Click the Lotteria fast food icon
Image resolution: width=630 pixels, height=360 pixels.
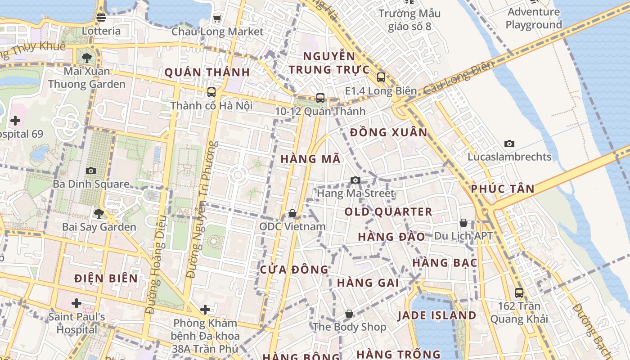tap(101, 18)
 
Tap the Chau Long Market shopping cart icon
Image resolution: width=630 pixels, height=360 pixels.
tap(217, 18)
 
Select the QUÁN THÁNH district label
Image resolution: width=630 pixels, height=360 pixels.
tap(207, 72)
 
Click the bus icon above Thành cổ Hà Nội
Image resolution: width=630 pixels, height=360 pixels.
tap(211, 92)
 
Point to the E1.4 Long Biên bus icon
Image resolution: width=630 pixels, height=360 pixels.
tap(381, 77)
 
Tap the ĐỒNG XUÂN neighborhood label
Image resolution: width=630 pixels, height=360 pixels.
tap(388, 132)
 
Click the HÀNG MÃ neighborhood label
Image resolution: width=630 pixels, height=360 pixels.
tap(310, 159)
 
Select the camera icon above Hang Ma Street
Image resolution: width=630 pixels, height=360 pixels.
tap(355, 180)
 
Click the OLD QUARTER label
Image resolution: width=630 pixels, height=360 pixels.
tap(388, 211)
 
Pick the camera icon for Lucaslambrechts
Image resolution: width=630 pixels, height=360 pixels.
tap(509, 144)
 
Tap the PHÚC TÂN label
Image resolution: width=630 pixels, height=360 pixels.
tap(503, 189)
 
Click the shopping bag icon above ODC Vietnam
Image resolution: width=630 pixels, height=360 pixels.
tap(292, 213)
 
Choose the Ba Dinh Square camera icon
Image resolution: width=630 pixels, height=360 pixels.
tap(91, 171)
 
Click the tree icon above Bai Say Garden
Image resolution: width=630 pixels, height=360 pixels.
tap(99, 213)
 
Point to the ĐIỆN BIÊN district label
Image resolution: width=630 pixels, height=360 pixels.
tap(106, 278)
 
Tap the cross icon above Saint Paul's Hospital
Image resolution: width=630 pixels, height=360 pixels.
tap(76, 303)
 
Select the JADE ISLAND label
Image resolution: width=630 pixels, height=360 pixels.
tap(436, 315)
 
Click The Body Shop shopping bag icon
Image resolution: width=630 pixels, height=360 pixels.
tap(349, 314)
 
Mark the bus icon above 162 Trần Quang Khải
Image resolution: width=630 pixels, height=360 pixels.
tap(519, 293)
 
